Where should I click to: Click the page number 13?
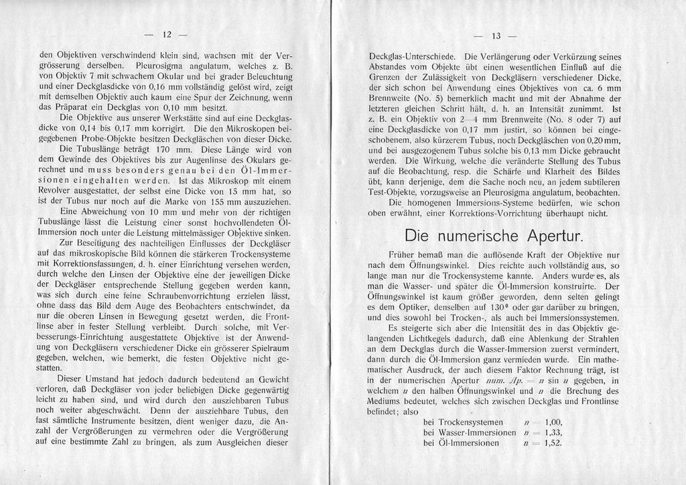[x=496, y=36]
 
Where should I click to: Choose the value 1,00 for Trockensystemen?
[x=553, y=422]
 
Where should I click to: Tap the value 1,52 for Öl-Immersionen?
[x=553, y=443]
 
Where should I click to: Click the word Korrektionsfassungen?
[x=105, y=264]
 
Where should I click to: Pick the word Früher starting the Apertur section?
[x=403, y=255]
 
